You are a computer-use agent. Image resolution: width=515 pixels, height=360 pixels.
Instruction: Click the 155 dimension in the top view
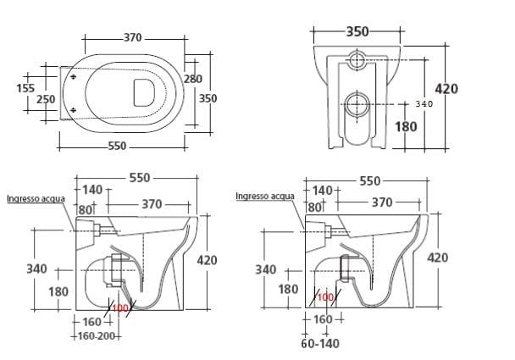pyautogui.click(x=26, y=87)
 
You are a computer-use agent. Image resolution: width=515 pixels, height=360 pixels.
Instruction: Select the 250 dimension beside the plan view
pyautogui.click(x=46, y=99)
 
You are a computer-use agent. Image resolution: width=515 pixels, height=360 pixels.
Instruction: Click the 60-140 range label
pyautogui.click(x=321, y=345)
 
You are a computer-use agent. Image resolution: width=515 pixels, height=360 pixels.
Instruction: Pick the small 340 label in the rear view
pyautogui.click(x=426, y=104)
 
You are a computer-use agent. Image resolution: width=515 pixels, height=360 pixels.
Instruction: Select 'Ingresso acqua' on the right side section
pyautogui.click(x=265, y=197)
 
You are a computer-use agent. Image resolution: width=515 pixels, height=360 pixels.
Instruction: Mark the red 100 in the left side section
pyautogui.click(x=119, y=307)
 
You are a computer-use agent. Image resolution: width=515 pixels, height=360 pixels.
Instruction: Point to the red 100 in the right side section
pyautogui.click(x=326, y=297)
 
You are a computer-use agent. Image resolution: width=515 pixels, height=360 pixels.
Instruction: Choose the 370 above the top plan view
pyautogui.click(x=131, y=38)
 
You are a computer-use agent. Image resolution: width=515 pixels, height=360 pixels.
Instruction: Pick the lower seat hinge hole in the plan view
pyautogui.click(x=76, y=111)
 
